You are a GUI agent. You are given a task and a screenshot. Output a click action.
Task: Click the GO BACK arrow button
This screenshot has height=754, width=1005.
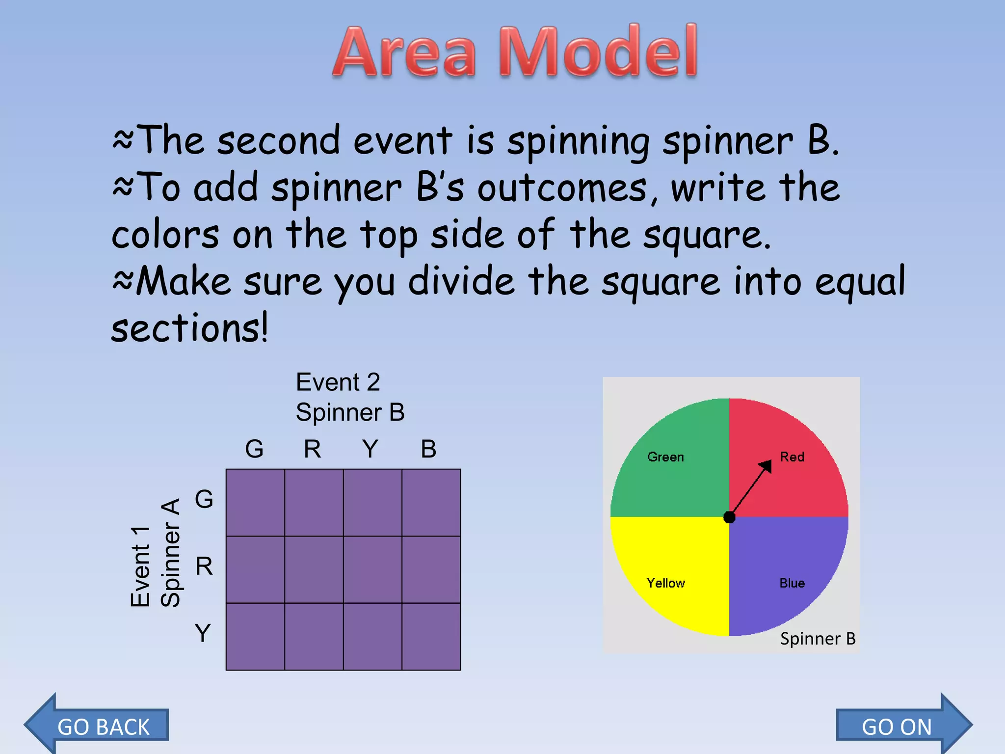tap(98, 726)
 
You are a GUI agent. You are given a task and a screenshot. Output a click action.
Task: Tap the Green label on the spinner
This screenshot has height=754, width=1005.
tap(665, 457)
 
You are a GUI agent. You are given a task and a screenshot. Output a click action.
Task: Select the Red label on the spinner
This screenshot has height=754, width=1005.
tap(792, 457)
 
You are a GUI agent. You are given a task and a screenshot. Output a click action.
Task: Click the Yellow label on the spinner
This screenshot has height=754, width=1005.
tap(665, 583)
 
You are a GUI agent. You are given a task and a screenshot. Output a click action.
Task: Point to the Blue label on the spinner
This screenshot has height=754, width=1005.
tap(792, 583)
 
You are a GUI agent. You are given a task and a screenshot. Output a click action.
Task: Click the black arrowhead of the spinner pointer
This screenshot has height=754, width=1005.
tap(766, 466)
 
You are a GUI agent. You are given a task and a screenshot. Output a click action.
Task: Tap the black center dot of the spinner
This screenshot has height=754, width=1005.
tap(729, 517)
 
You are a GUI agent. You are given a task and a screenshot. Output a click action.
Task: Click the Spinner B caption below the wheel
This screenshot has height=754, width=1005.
tap(818, 639)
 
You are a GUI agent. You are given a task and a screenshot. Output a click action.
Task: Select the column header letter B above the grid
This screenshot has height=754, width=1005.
tap(428, 449)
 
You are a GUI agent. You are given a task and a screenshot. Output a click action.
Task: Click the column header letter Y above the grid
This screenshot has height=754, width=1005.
tap(370, 449)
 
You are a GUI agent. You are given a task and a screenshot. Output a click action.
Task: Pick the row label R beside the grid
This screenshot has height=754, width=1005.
tap(204, 566)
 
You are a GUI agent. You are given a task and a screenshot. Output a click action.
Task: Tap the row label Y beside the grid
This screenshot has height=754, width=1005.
tap(203, 633)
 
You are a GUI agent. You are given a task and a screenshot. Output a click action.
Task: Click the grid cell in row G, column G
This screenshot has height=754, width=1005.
tap(255, 502)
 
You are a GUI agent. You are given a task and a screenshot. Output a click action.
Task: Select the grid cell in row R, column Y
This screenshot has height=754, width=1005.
tap(372, 569)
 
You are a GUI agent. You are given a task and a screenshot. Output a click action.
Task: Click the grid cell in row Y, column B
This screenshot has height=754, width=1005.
tap(431, 637)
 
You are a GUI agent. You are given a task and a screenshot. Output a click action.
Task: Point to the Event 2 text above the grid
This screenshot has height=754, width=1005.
tap(338, 382)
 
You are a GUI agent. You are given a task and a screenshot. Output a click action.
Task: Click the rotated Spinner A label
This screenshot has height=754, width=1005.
tap(171, 553)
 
